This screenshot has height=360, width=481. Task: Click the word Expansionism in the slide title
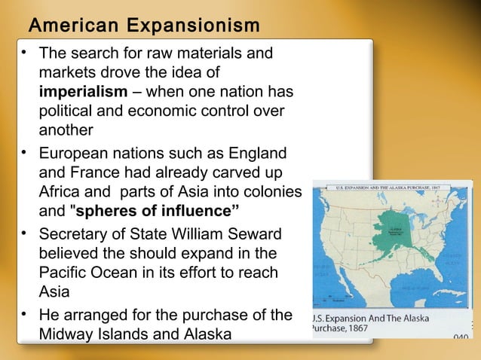(x=194, y=26)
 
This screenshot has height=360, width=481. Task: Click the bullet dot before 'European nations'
(x=25, y=154)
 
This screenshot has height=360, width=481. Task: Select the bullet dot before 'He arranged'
(x=25, y=314)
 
